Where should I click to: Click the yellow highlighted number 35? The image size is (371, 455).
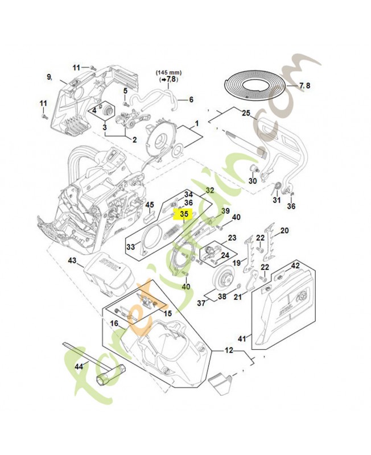click(184, 214)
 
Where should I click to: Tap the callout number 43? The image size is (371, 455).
click(72, 260)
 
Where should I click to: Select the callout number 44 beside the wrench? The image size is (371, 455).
click(79, 366)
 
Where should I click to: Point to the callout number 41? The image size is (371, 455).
click(241, 339)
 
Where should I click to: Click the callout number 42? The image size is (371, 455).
click(295, 266)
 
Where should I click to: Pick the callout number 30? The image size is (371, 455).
click(253, 181)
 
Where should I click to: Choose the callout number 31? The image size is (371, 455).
click(277, 200)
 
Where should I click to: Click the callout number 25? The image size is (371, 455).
click(246, 113)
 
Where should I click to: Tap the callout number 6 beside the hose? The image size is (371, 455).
click(191, 100)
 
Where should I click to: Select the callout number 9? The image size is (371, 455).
click(50, 77)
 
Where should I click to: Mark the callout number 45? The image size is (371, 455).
click(149, 205)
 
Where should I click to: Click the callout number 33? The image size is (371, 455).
click(130, 247)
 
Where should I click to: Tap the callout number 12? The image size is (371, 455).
click(228, 351)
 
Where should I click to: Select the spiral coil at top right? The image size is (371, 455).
click(257, 85)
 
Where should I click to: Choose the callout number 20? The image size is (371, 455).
click(285, 230)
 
